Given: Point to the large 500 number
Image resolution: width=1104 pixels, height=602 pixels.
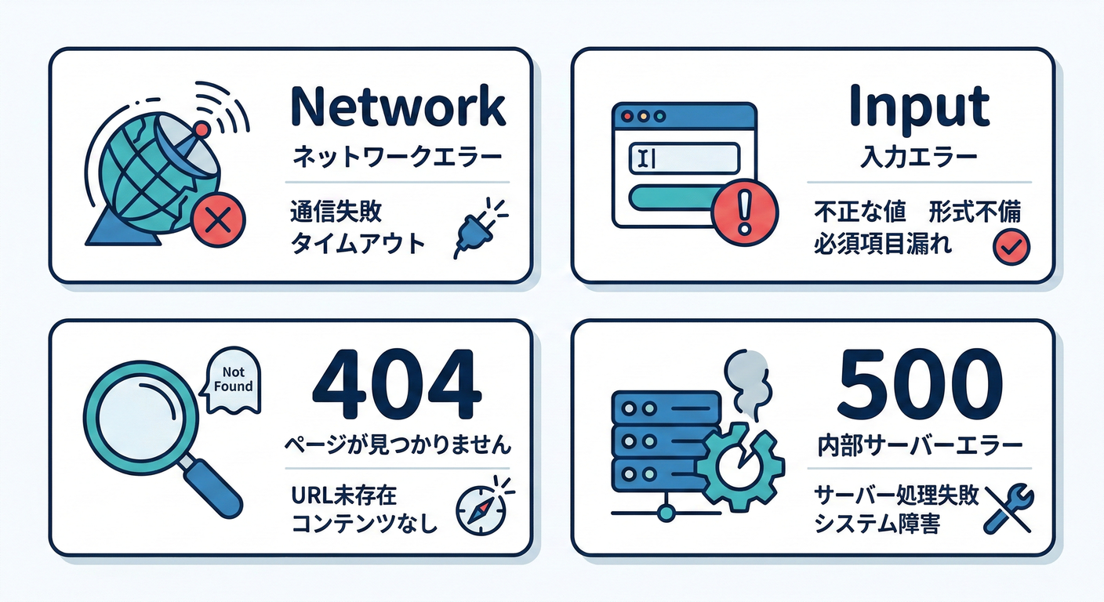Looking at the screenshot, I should (x=919, y=383).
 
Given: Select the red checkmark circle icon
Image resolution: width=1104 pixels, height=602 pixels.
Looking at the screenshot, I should (x=1011, y=247).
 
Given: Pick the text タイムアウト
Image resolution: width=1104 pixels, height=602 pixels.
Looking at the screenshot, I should (x=357, y=244).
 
